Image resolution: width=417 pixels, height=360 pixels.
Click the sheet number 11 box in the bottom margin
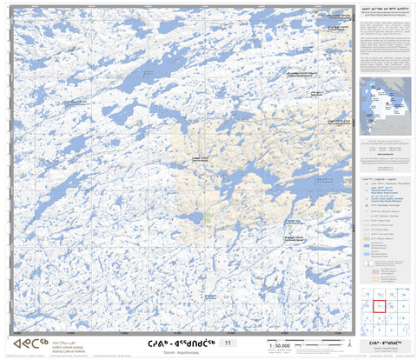pyautogui.click(x=228, y=344)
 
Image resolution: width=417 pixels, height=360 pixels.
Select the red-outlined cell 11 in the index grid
pyautogui.click(x=380, y=305)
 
